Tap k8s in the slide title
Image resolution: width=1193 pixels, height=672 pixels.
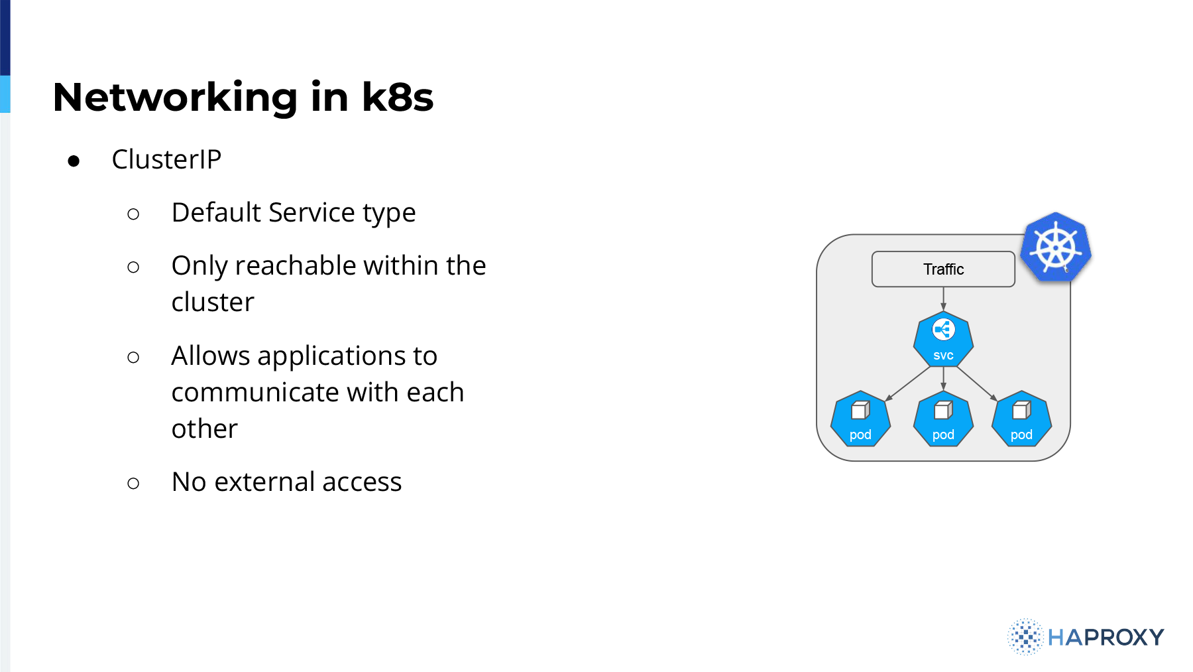click(x=398, y=97)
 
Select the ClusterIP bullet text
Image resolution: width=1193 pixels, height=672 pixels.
click(x=166, y=159)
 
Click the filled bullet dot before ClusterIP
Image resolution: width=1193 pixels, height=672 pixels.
click(x=74, y=161)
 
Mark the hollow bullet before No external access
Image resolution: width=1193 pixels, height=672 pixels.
click(x=133, y=484)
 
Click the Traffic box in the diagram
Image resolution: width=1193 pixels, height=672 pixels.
click(x=943, y=269)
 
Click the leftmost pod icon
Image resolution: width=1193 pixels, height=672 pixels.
click(x=860, y=419)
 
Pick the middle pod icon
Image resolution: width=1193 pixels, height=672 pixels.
click(x=943, y=419)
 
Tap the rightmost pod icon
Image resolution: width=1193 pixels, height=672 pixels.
click(x=1021, y=419)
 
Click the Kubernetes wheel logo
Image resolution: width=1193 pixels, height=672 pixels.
click(x=1056, y=247)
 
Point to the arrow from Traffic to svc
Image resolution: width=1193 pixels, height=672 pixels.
click(x=943, y=299)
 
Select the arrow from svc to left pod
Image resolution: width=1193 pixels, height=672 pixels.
click(x=909, y=383)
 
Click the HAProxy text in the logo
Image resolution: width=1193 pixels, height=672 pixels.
click(x=1106, y=638)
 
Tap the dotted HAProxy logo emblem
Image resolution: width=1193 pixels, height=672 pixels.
click(x=1025, y=637)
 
